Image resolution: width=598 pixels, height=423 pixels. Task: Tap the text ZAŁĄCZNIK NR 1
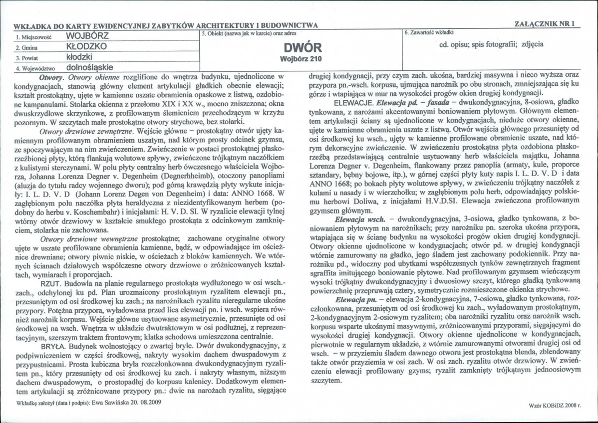pyautogui.click(x=545, y=23)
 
